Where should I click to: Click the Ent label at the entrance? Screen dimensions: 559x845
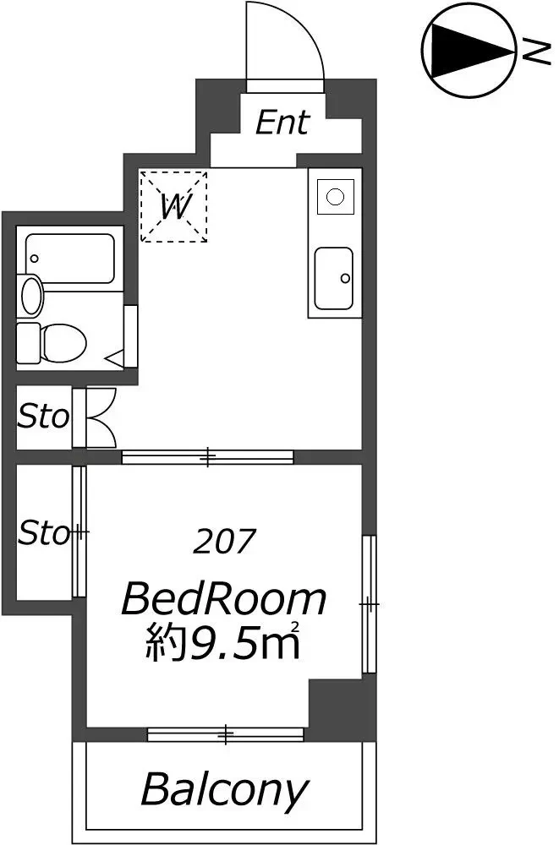point(282,123)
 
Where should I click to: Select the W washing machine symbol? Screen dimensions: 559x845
point(173,206)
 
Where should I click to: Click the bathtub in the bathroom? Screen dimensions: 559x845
point(70,259)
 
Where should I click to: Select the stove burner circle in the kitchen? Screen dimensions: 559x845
point(336,197)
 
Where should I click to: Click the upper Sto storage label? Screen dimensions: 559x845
point(43,417)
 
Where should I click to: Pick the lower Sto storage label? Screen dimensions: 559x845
point(44,533)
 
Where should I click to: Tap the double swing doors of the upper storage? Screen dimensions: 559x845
point(101,417)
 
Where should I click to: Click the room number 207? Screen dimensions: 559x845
point(223,542)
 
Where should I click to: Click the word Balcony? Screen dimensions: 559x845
point(224,790)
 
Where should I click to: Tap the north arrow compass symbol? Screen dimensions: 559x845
point(468,52)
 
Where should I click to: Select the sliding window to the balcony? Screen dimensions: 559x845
point(226,734)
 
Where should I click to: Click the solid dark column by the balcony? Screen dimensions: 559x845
point(342,709)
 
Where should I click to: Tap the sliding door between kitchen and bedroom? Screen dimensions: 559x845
point(208,457)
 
